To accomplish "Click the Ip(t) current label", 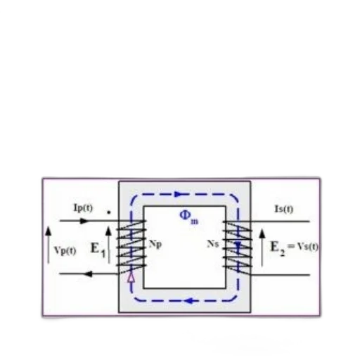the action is pyautogui.click(x=83, y=208).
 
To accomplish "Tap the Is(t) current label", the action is pyautogui.click(x=284, y=209).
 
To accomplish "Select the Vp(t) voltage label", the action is pyautogui.click(x=65, y=251).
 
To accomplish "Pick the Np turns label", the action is pyautogui.click(x=155, y=245).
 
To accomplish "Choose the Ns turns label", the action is pyautogui.click(x=213, y=244).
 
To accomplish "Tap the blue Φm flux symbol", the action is pyautogui.click(x=189, y=217).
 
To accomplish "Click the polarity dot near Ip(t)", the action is pyautogui.click(x=108, y=212).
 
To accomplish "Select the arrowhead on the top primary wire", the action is pyautogui.click(x=84, y=221).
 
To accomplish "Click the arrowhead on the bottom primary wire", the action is pyautogui.click(x=88, y=274).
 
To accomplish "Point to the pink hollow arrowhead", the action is pyautogui.click(x=131, y=278).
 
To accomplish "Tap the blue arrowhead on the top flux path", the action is pyautogui.click(x=180, y=194).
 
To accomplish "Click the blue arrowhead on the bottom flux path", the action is pyautogui.click(x=189, y=301).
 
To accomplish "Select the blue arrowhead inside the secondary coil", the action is pyautogui.click(x=238, y=245).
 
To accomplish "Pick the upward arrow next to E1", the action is pyautogui.click(x=108, y=245).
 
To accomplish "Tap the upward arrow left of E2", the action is pyautogui.click(x=262, y=247).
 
